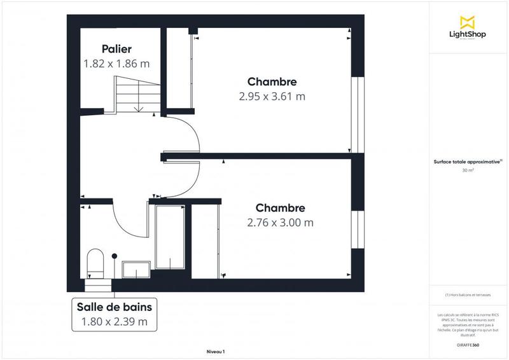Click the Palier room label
116,49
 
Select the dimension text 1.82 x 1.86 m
116,64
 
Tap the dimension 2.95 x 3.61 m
272,97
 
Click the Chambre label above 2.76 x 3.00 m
280,208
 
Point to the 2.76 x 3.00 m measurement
280,223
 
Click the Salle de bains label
115,307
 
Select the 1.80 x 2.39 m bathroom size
115,322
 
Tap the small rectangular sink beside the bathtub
135,270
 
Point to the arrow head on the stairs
138,109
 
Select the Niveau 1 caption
216,351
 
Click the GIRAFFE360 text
469,344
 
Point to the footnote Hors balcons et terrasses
469,295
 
